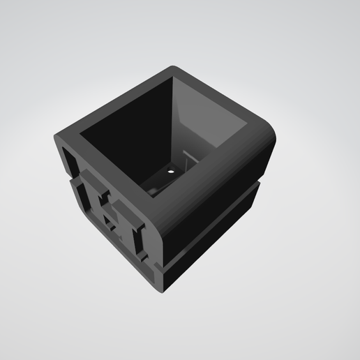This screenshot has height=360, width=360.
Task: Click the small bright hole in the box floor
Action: click(170, 169)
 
